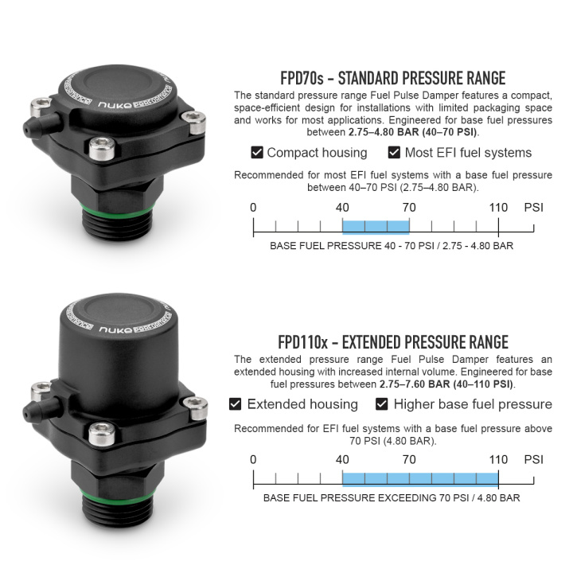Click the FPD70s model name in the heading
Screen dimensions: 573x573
(x=302, y=78)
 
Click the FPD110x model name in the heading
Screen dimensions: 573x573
(x=303, y=342)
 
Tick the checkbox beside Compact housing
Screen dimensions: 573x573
(x=257, y=152)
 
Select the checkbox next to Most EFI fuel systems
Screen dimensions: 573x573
(x=394, y=152)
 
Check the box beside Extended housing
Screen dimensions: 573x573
(x=235, y=404)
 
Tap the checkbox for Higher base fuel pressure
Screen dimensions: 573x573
(x=381, y=404)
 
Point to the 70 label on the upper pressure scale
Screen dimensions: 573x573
(x=409, y=208)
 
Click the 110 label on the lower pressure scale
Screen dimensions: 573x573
(x=498, y=460)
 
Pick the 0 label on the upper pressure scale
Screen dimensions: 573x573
(x=253, y=208)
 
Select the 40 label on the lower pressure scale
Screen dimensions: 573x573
(x=342, y=460)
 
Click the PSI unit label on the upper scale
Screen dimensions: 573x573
(x=533, y=208)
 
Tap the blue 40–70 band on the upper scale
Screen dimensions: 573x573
(x=376, y=227)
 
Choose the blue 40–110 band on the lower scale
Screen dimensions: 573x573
(x=420, y=479)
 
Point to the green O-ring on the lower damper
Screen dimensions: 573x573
(x=118, y=494)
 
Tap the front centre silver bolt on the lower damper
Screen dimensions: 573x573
(x=102, y=434)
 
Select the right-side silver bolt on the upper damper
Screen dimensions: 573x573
(x=194, y=122)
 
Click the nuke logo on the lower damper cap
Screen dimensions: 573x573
(x=115, y=330)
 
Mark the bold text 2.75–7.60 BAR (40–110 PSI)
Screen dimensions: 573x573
(x=446, y=384)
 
